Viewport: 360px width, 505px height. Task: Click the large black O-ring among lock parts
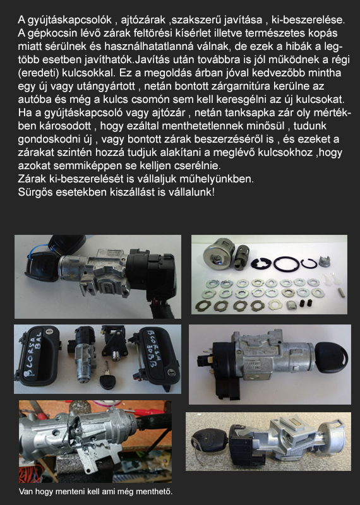[x=286, y=264]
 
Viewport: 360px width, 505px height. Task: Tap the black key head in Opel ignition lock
[x=332, y=357]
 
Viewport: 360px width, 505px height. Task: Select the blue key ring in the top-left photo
[x=35, y=251]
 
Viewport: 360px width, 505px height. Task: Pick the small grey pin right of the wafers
[x=343, y=292]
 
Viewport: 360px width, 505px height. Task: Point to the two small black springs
[x=306, y=303]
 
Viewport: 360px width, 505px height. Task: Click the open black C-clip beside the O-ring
[x=308, y=264]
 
